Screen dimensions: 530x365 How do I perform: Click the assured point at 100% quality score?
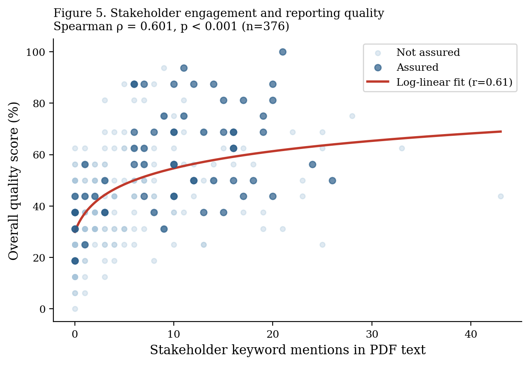click(283, 52)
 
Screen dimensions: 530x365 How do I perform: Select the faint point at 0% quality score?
click(75, 309)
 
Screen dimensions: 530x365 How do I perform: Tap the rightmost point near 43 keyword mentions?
click(501, 196)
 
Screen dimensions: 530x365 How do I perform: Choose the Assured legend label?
click(417, 67)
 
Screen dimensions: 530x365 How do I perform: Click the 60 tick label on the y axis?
click(39, 155)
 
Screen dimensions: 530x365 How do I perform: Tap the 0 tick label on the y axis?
click(42, 309)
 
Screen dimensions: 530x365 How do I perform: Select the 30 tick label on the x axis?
click(372, 334)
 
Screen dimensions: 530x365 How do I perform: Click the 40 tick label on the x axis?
click(471, 334)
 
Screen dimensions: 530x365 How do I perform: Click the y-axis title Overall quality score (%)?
click(13, 181)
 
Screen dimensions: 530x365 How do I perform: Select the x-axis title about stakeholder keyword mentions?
click(288, 350)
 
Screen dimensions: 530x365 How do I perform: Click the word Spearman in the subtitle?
click(83, 26)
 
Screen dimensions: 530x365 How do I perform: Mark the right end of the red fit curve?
click(501, 131)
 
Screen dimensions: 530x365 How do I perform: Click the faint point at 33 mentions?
click(402, 149)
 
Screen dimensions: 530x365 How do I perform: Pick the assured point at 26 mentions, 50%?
click(332, 180)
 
